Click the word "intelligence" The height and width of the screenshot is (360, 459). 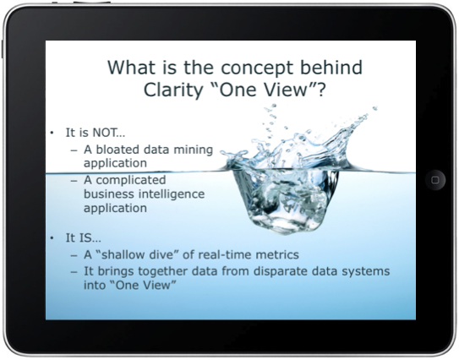[172, 194]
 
